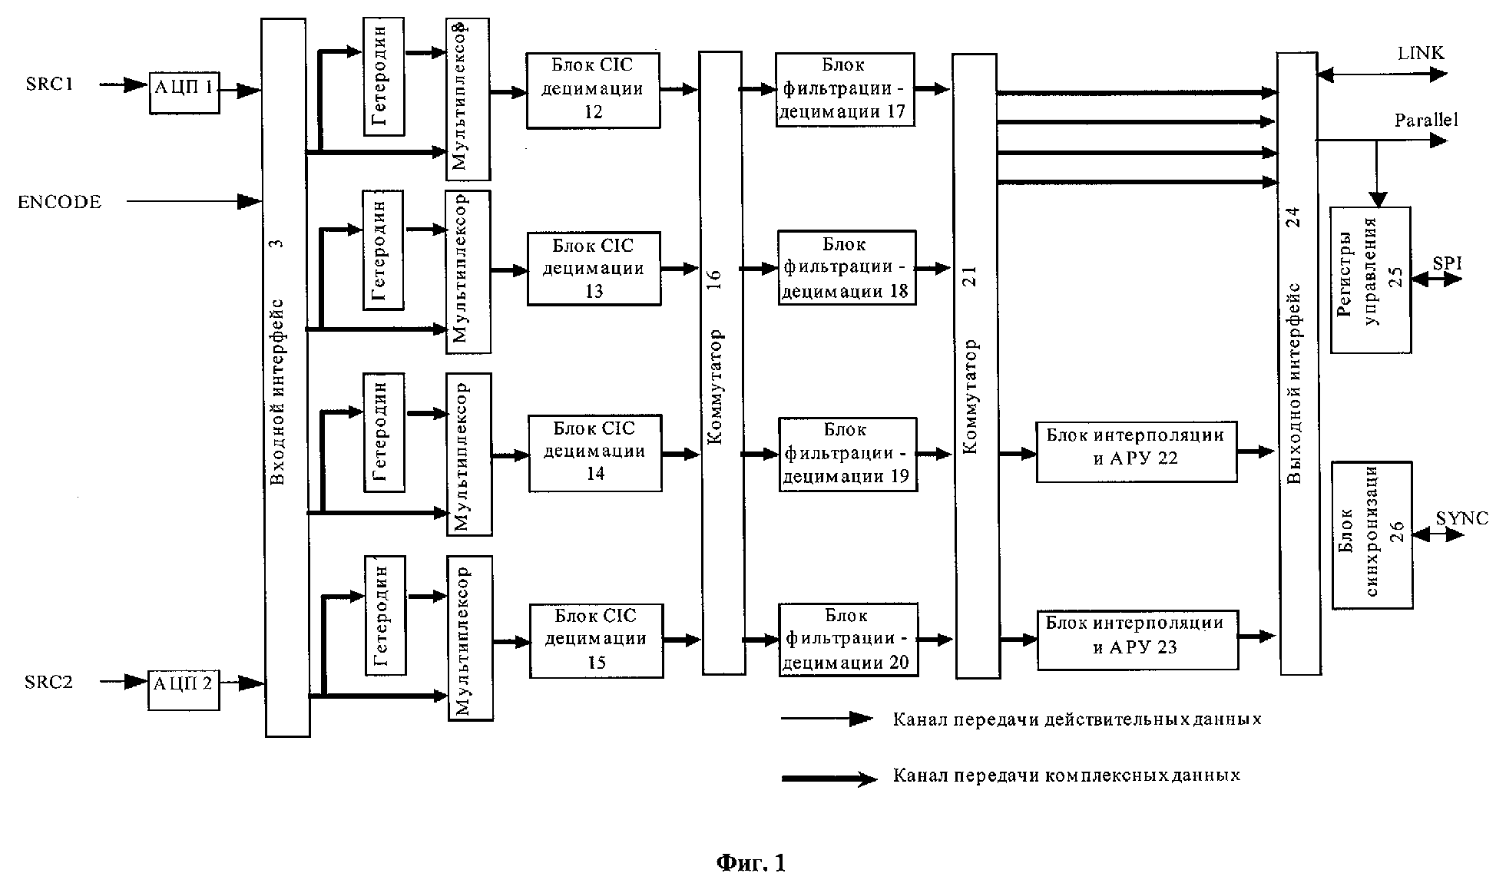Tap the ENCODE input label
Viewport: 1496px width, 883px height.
[x=60, y=202]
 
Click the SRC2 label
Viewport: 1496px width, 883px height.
[x=48, y=682]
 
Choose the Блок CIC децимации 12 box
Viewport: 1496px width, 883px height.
[x=593, y=90]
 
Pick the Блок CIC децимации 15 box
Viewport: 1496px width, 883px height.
[x=596, y=640]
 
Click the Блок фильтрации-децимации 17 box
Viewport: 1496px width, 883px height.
[x=845, y=90]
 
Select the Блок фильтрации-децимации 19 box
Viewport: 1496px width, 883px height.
[x=848, y=454]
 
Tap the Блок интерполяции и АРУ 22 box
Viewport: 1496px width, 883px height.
[x=1136, y=451]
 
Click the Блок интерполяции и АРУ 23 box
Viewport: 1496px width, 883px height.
[x=1137, y=639]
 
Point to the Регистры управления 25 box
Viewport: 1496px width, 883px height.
[x=1371, y=279]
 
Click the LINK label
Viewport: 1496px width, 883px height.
[x=1421, y=54]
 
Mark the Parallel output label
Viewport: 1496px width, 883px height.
[x=1426, y=121]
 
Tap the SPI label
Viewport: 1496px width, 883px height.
[x=1447, y=263]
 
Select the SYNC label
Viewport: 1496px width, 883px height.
[x=1461, y=518]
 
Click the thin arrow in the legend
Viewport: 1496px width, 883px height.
[x=826, y=719]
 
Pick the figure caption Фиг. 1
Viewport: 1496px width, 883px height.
[x=751, y=863]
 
